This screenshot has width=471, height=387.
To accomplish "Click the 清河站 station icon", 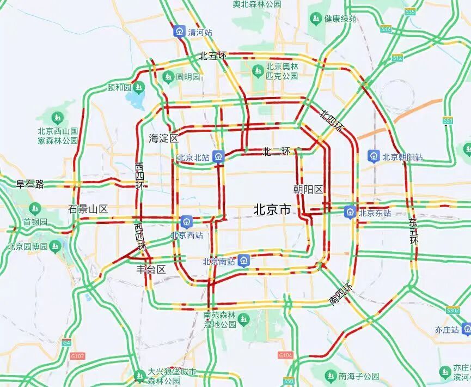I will [x=179, y=31].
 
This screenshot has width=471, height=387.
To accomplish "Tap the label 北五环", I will [x=212, y=56].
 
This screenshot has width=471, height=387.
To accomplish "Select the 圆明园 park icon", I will [x=168, y=76].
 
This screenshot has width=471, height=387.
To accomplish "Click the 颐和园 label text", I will [x=119, y=87].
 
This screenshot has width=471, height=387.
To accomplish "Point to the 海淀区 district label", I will [x=163, y=138].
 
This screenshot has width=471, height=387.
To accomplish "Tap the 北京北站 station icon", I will [x=218, y=157].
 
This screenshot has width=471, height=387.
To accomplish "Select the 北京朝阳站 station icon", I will [x=374, y=156].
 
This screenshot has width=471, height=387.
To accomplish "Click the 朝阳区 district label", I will [x=308, y=189].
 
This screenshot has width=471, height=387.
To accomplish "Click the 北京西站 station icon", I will [x=187, y=222].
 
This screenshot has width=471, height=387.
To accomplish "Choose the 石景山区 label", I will [x=88, y=209].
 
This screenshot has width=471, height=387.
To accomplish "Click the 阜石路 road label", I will [x=30, y=184].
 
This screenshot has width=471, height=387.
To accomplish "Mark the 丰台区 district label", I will [x=151, y=269].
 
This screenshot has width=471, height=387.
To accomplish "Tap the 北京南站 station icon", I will [x=244, y=261].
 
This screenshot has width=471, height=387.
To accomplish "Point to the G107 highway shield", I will [x=78, y=356].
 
